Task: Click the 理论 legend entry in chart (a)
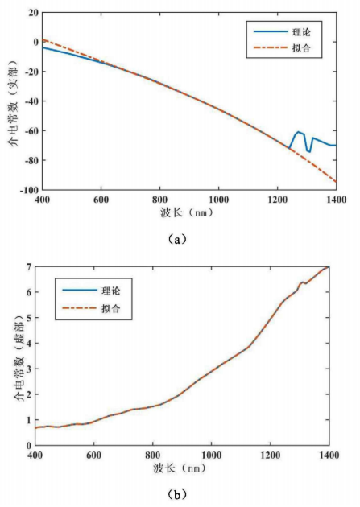tap(282, 31)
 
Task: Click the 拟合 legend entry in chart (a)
tap(282, 47)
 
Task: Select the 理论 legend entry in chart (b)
tap(91, 291)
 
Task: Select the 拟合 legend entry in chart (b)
tap(91, 308)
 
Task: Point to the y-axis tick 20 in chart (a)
tap(33, 13)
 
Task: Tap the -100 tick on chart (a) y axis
tap(29, 190)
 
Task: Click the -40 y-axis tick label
tap(31, 101)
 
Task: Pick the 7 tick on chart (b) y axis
tap(29, 267)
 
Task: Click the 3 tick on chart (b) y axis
tap(29, 369)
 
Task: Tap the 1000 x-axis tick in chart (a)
tap(218, 200)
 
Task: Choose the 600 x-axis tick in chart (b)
tap(93, 455)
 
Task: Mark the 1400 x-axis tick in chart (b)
tap(329, 455)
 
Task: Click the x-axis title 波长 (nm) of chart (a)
tap(187, 212)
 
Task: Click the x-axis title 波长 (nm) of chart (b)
tap(180, 468)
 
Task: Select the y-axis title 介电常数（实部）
tap(14, 103)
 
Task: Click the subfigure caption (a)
tap(177, 240)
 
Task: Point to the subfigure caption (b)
tap(177, 494)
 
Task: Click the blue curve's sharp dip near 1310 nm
tap(309, 151)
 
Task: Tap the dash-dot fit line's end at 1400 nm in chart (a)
tap(336, 182)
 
